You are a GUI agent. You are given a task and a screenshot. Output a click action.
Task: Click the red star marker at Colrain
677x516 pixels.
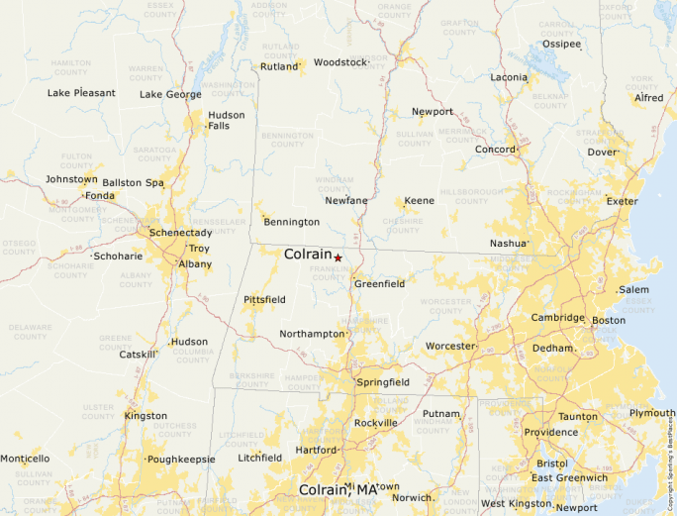(x=338, y=258)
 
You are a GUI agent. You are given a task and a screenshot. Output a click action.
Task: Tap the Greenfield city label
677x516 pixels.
(x=380, y=284)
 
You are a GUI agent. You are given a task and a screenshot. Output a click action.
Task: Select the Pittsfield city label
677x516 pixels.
(x=264, y=299)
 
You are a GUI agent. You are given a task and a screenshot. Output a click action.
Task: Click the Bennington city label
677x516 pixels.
(x=291, y=222)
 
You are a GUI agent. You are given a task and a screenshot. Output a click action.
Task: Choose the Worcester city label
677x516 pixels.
(x=450, y=346)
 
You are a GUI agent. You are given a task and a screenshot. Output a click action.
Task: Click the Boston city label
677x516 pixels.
(x=609, y=321)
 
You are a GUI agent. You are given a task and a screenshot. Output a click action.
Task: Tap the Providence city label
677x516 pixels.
(x=551, y=433)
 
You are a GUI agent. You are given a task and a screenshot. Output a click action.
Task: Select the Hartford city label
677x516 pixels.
(x=316, y=451)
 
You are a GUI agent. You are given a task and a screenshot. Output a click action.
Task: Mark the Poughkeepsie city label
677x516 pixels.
(x=180, y=460)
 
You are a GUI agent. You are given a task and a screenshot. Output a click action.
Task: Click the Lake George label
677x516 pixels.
(x=170, y=95)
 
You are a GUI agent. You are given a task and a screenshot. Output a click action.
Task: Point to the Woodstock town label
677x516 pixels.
(x=339, y=62)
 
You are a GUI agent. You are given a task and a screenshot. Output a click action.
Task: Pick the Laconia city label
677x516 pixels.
(x=509, y=77)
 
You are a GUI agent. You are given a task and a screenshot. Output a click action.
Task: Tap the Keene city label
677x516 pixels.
(x=419, y=201)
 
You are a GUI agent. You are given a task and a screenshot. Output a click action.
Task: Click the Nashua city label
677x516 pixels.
(x=509, y=244)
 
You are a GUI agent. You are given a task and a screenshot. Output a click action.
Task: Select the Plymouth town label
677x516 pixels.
(x=652, y=413)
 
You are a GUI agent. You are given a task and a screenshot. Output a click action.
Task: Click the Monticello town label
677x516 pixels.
(x=25, y=459)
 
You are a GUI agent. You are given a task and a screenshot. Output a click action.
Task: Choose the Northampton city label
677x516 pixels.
(x=311, y=335)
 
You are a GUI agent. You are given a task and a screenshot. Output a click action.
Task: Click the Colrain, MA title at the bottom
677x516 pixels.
(x=338, y=490)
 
